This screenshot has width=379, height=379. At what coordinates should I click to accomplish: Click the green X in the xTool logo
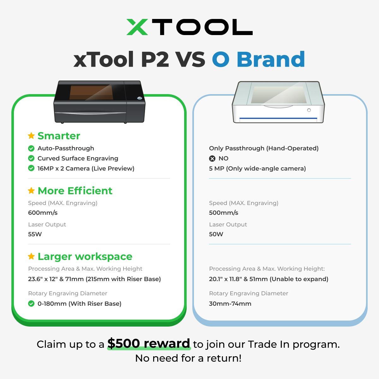(137, 27)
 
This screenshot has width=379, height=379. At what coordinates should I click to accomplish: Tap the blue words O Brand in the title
(258, 59)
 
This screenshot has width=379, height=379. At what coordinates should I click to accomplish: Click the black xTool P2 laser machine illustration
(99, 102)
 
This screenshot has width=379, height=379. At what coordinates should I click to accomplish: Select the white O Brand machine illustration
(278, 102)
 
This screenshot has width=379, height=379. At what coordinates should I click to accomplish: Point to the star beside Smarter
(31, 135)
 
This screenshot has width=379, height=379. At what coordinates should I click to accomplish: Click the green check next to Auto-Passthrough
(31, 148)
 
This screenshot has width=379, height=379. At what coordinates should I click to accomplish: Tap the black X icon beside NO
(212, 159)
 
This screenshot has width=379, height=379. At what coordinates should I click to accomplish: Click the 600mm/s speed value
(43, 213)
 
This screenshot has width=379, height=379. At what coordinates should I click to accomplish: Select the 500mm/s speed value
(223, 213)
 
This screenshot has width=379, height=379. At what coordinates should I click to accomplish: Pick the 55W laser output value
(35, 234)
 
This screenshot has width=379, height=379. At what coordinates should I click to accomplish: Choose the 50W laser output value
(216, 234)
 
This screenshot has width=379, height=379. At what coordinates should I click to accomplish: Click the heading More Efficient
(75, 191)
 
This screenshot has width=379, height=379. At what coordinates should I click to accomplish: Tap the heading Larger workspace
(85, 257)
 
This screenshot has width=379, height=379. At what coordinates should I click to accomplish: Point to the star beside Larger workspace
(31, 256)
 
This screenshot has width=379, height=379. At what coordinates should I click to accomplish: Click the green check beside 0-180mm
(31, 304)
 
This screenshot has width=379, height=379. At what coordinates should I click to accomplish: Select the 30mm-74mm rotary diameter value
(230, 304)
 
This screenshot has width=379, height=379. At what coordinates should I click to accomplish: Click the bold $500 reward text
(149, 343)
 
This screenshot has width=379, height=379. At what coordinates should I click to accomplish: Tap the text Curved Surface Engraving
(78, 159)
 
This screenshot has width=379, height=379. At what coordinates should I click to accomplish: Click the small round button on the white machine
(309, 110)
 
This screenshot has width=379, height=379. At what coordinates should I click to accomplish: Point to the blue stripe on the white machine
(278, 118)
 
